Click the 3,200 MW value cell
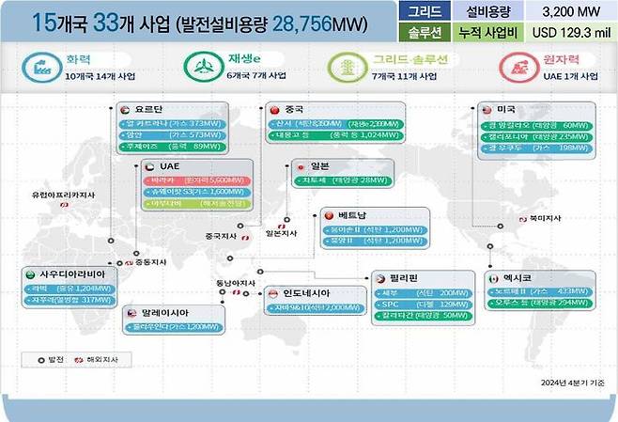point(566,12)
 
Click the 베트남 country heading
point(353,215)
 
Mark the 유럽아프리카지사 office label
point(64,195)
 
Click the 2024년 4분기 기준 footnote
point(572,383)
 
